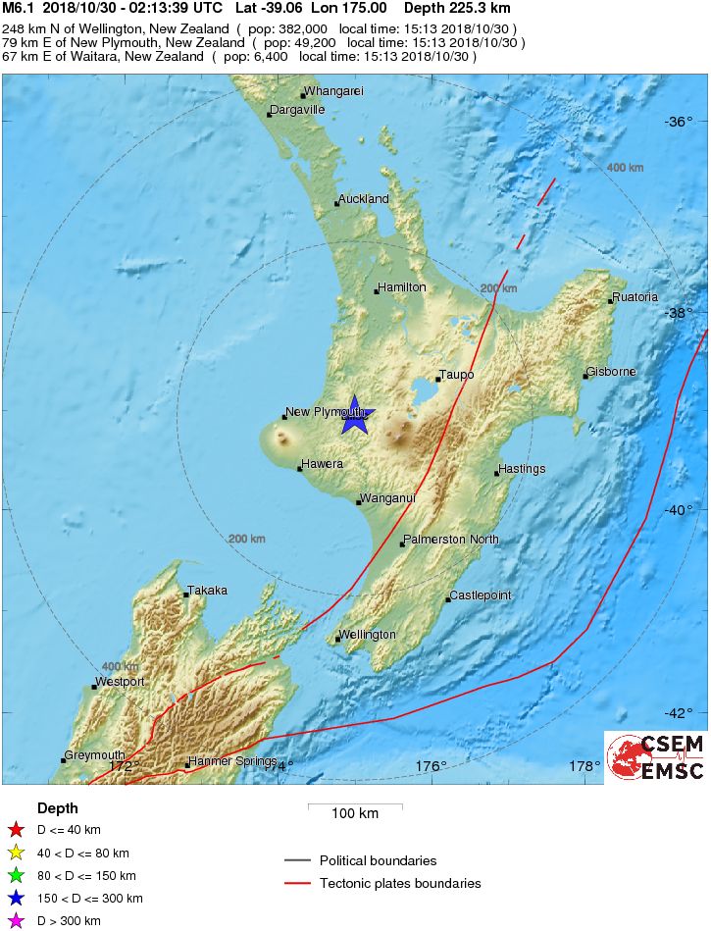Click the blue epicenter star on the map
coord(356,419)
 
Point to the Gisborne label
coord(612,372)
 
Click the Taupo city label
coord(457,375)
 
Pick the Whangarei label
coord(334,91)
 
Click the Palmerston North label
coord(452,540)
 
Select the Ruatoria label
coord(635,297)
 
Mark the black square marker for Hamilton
coord(377,291)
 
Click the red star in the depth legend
coord(16,830)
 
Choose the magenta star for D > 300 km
coord(16,921)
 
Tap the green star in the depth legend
coord(16,876)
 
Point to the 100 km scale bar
coord(354,807)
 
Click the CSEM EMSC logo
coord(655,757)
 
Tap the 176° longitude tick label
coord(431,766)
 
